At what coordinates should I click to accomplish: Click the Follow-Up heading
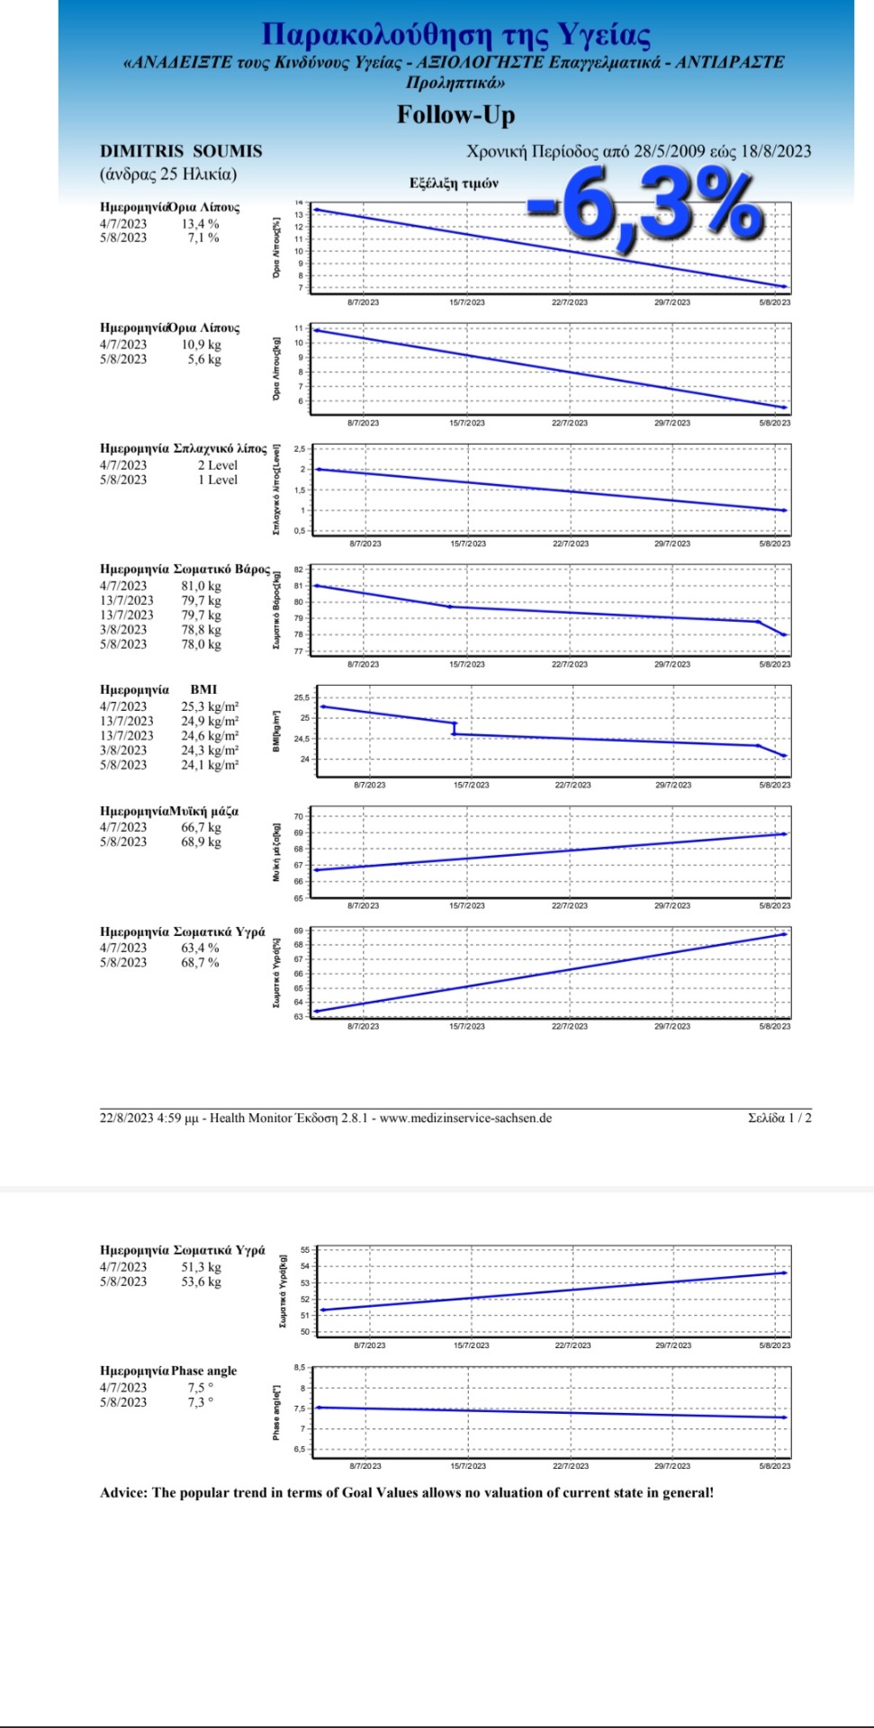coord(455,115)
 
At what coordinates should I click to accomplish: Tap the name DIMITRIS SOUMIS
coord(181,151)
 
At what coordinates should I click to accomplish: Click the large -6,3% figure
coord(646,207)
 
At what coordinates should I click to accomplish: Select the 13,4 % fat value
coord(200,224)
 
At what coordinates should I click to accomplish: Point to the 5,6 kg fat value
coord(203,359)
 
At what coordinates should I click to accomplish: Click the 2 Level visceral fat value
coord(218,465)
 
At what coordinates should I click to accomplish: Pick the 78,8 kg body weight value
coord(201,630)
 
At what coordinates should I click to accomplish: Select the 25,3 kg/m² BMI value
coord(210,706)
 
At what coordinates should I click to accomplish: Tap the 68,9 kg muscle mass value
coord(201,841)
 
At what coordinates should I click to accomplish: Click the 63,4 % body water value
coord(200,948)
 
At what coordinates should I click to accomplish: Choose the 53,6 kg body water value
coord(201,1282)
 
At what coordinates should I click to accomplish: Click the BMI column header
coord(203,689)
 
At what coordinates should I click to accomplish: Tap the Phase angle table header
coord(204,1371)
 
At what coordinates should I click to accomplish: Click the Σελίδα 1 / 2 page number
coord(779,1118)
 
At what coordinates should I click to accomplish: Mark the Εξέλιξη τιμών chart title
coord(454,184)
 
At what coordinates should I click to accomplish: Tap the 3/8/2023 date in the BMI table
coord(123,751)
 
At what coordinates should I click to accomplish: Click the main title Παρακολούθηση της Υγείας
coord(455,34)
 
